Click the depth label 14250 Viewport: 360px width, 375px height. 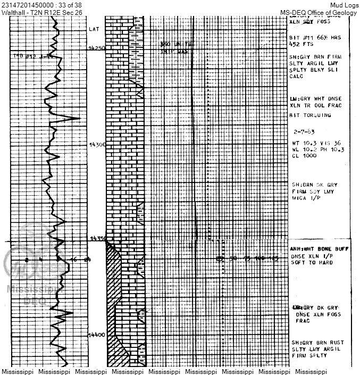pos(96,48)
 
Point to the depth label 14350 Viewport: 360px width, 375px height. pos(97,238)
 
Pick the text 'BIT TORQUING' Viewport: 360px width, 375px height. pos(310,115)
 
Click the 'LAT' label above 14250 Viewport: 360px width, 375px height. pos(94,29)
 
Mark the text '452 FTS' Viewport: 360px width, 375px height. pos(301,44)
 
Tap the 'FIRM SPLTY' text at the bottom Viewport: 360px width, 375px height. pos(309,355)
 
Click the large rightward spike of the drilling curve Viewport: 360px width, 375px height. pos(79,118)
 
